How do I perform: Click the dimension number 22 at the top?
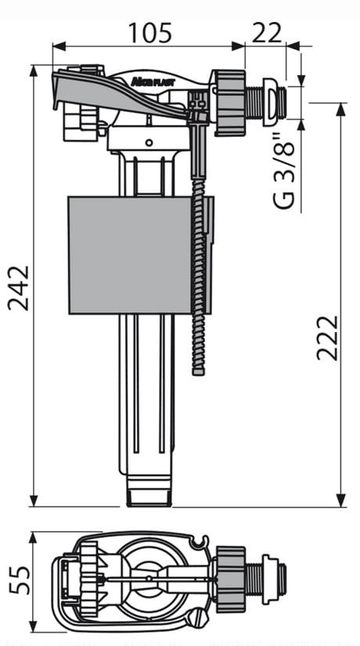[x=266, y=32]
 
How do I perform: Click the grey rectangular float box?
[x=131, y=254]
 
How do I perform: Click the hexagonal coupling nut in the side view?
[x=229, y=102]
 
